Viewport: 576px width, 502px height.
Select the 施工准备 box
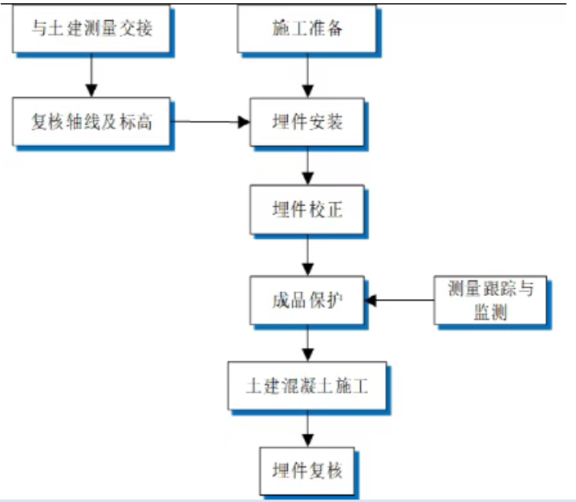tap(307, 30)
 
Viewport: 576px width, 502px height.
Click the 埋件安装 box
tap(307, 122)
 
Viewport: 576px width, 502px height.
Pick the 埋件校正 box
tap(307, 210)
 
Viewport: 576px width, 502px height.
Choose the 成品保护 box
tap(307, 301)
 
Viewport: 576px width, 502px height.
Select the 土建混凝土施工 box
tap(307, 387)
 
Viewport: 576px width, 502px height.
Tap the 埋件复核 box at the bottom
tap(307, 471)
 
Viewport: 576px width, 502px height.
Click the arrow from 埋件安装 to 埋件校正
tap(307, 166)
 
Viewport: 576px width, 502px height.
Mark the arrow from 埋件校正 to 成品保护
tap(307, 256)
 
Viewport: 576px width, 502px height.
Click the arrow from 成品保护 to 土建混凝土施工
tap(307, 345)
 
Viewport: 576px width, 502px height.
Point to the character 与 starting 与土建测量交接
tap(38, 30)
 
